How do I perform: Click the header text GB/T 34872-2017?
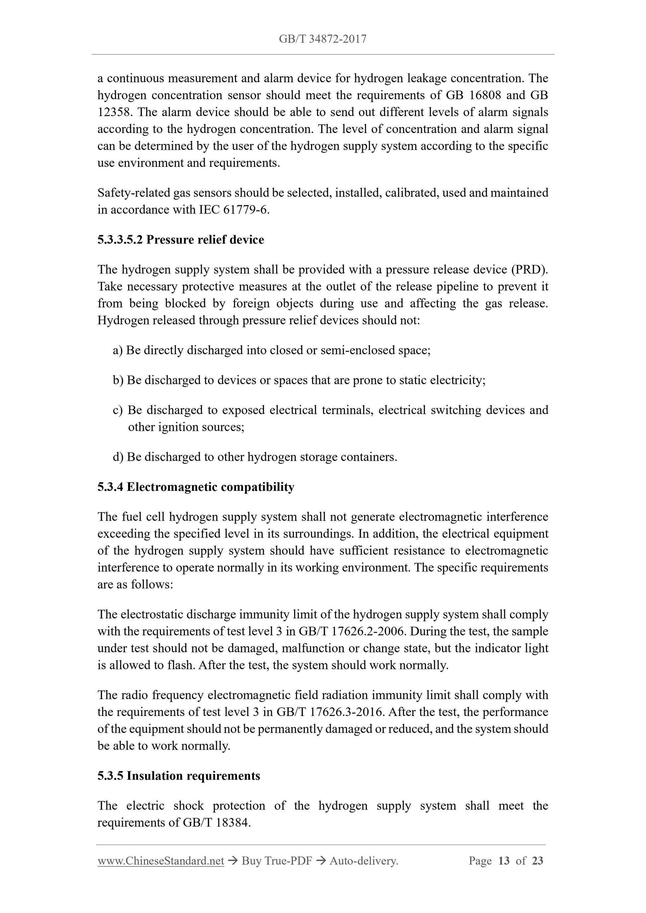coord(322,39)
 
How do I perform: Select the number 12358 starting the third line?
coord(114,112)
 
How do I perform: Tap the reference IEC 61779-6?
coord(234,210)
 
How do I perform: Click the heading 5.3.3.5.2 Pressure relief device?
coord(181,240)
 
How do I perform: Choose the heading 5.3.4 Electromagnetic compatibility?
coord(196,487)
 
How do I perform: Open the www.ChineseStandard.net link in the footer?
coord(161,861)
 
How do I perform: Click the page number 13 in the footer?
coord(504,861)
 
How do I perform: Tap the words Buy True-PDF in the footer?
coord(277,861)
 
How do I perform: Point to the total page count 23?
coord(537,861)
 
